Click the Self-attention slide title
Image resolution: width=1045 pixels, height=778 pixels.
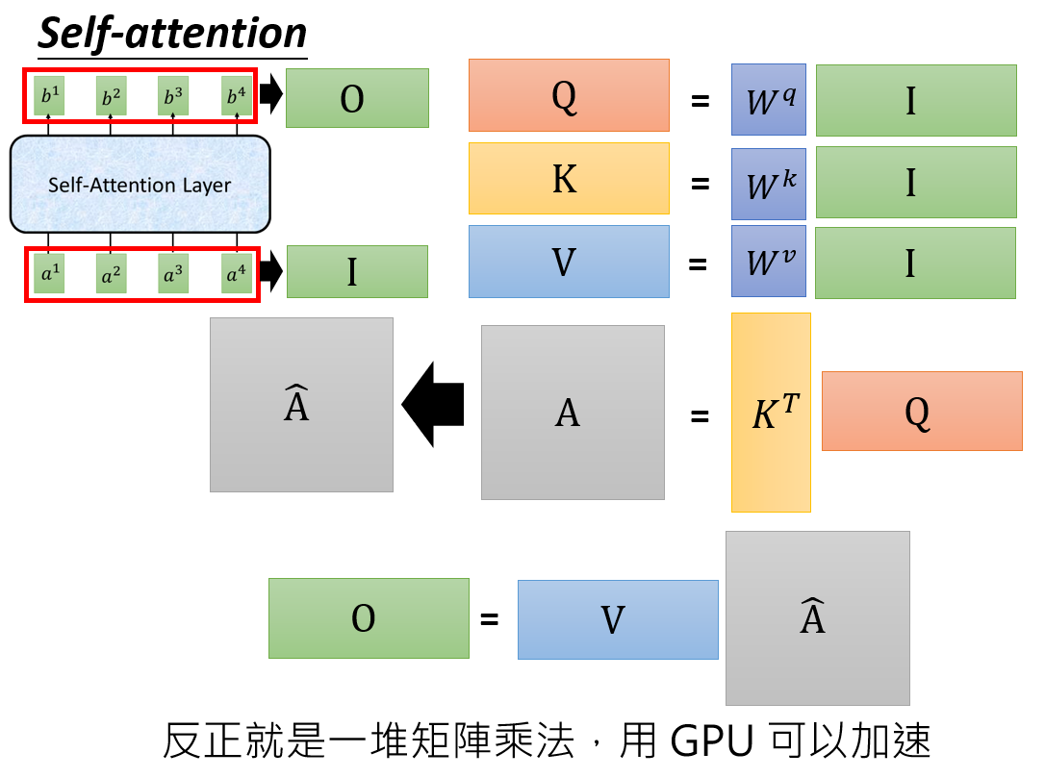pos(172,34)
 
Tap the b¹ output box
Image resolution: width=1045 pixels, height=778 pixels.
pos(49,96)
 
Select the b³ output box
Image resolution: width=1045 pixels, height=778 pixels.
pos(173,96)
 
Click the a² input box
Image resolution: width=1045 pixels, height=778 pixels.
pos(111,274)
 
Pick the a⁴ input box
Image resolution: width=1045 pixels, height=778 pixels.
pos(236,274)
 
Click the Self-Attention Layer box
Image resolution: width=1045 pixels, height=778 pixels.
pos(140,184)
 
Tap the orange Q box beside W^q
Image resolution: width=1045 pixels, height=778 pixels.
pos(569,95)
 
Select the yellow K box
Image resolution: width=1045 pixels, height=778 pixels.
pos(569,178)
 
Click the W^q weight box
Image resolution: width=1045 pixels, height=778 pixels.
pos(769,99)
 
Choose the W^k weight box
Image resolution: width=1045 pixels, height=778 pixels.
pos(769,183)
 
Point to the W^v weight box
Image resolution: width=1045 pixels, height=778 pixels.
pos(769,262)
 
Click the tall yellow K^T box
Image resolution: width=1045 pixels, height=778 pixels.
pos(771,413)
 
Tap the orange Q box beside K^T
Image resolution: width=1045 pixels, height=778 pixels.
pos(921,411)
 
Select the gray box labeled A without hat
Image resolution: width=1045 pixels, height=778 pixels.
pos(573,413)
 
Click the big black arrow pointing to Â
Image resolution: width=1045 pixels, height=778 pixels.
pos(434,404)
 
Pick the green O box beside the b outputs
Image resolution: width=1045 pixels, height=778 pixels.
pos(357,98)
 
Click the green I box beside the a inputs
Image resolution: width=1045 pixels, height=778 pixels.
pos(357,271)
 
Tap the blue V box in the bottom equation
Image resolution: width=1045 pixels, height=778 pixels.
pos(618,619)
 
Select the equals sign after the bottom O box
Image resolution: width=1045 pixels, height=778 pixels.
pos(490,618)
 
